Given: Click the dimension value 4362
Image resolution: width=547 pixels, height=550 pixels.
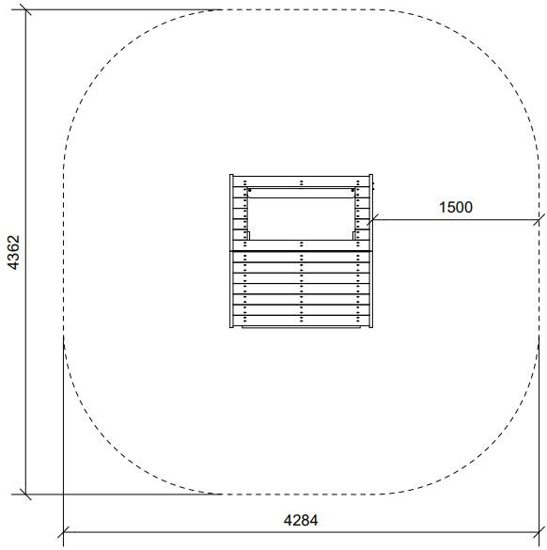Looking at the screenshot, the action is tap(14, 252).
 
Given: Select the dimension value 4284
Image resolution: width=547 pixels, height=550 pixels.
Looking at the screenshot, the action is tap(301, 520).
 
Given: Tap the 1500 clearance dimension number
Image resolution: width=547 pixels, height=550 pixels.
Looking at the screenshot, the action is tap(456, 207).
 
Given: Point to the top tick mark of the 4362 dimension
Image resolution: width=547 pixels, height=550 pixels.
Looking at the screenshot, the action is tap(25, 9).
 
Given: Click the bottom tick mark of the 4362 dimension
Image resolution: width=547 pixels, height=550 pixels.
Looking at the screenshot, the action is tap(25, 495).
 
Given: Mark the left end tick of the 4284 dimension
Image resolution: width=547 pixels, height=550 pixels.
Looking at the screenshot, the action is tap(64, 532).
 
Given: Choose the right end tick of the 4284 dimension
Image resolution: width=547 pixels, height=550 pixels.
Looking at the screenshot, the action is tap(539, 532).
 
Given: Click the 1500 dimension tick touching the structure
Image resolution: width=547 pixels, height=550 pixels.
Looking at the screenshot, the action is tap(372, 220).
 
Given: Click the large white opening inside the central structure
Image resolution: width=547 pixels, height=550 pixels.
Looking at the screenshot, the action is tap(301, 219).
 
